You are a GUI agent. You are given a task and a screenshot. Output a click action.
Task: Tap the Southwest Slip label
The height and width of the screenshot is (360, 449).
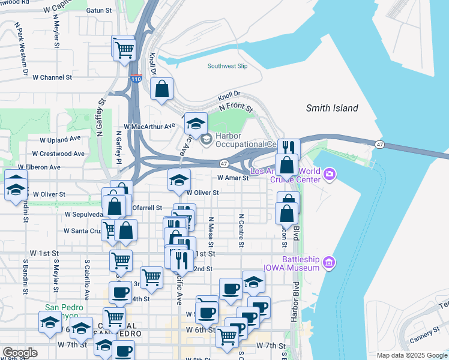tap(228, 66)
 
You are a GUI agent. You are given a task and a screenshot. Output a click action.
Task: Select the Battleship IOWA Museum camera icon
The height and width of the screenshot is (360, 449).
tap(328, 262)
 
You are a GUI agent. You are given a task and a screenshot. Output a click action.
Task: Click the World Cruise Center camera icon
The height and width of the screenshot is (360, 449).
tap(330, 175)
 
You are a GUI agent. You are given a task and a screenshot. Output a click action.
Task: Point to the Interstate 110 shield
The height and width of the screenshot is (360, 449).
tap(136, 79)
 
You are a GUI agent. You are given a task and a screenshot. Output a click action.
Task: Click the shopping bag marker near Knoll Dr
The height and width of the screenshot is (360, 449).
tap(162, 90)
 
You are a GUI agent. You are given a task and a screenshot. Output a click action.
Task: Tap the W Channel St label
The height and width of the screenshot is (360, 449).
tap(52, 77)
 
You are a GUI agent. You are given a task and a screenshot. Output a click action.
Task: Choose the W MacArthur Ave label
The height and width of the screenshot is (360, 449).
tap(149, 127)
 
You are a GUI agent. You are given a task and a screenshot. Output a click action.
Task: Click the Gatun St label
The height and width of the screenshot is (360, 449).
tap(100, 10)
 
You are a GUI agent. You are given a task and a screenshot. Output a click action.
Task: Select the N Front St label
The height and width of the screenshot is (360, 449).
tap(236, 107)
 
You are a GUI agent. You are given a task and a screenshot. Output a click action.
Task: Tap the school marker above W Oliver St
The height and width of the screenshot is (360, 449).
tap(178, 181)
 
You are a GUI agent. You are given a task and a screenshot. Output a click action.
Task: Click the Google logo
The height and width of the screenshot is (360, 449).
tap(20, 353)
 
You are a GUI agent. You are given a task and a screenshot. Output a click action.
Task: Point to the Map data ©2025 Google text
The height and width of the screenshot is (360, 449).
tap(411, 355)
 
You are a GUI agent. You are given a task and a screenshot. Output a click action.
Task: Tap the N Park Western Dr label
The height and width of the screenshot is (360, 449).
tap(22, 49)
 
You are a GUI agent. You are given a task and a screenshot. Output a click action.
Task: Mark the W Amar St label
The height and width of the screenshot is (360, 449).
tap(233, 178)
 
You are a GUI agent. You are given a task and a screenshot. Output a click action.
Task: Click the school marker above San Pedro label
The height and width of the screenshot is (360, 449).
tap(50, 322)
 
